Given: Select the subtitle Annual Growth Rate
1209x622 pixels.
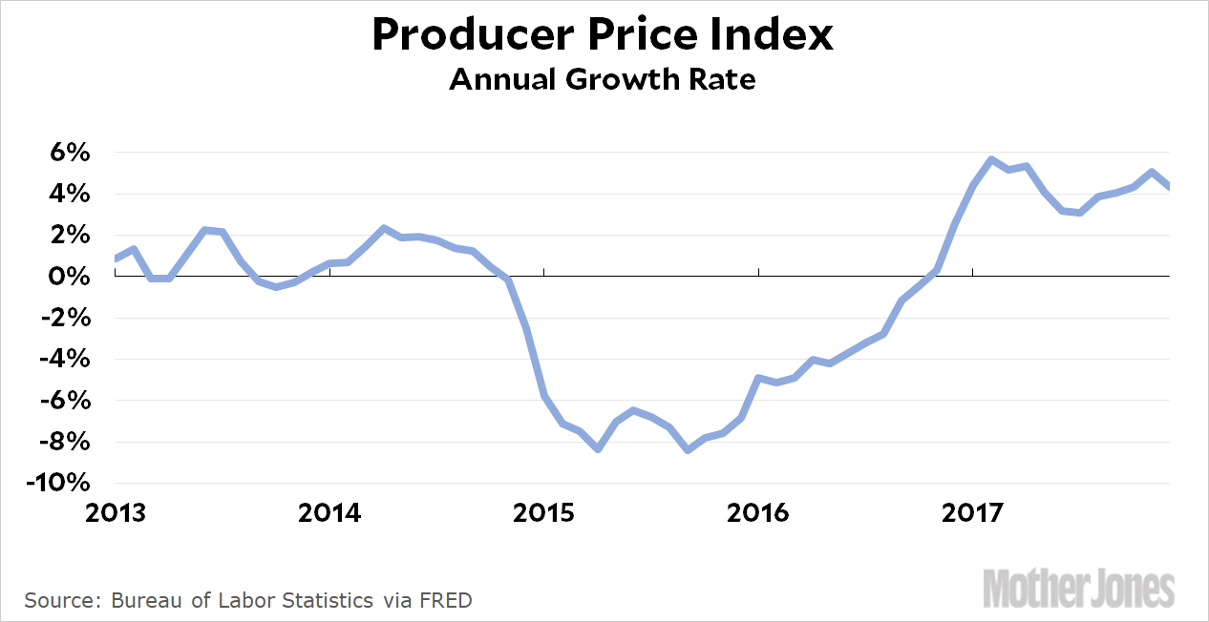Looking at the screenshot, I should click(x=603, y=79).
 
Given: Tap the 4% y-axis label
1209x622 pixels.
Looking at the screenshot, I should click(x=70, y=194).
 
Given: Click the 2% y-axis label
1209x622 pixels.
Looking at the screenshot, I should click(x=70, y=235).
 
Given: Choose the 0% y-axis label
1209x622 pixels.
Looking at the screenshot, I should click(x=70, y=277).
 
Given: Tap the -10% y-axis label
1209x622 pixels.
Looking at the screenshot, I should click(x=58, y=483).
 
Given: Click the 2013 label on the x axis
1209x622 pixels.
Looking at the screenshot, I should click(x=116, y=513).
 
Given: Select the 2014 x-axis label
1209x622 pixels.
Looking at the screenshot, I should click(x=329, y=513).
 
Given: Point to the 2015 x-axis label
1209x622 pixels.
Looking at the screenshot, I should click(x=544, y=513).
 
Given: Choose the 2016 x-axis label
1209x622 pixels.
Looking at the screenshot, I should click(x=758, y=513).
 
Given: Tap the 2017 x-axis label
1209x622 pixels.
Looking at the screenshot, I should click(x=972, y=513).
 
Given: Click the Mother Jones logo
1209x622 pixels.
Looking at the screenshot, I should click(x=1078, y=587).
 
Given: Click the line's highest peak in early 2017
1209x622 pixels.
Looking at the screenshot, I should click(x=991, y=159).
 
